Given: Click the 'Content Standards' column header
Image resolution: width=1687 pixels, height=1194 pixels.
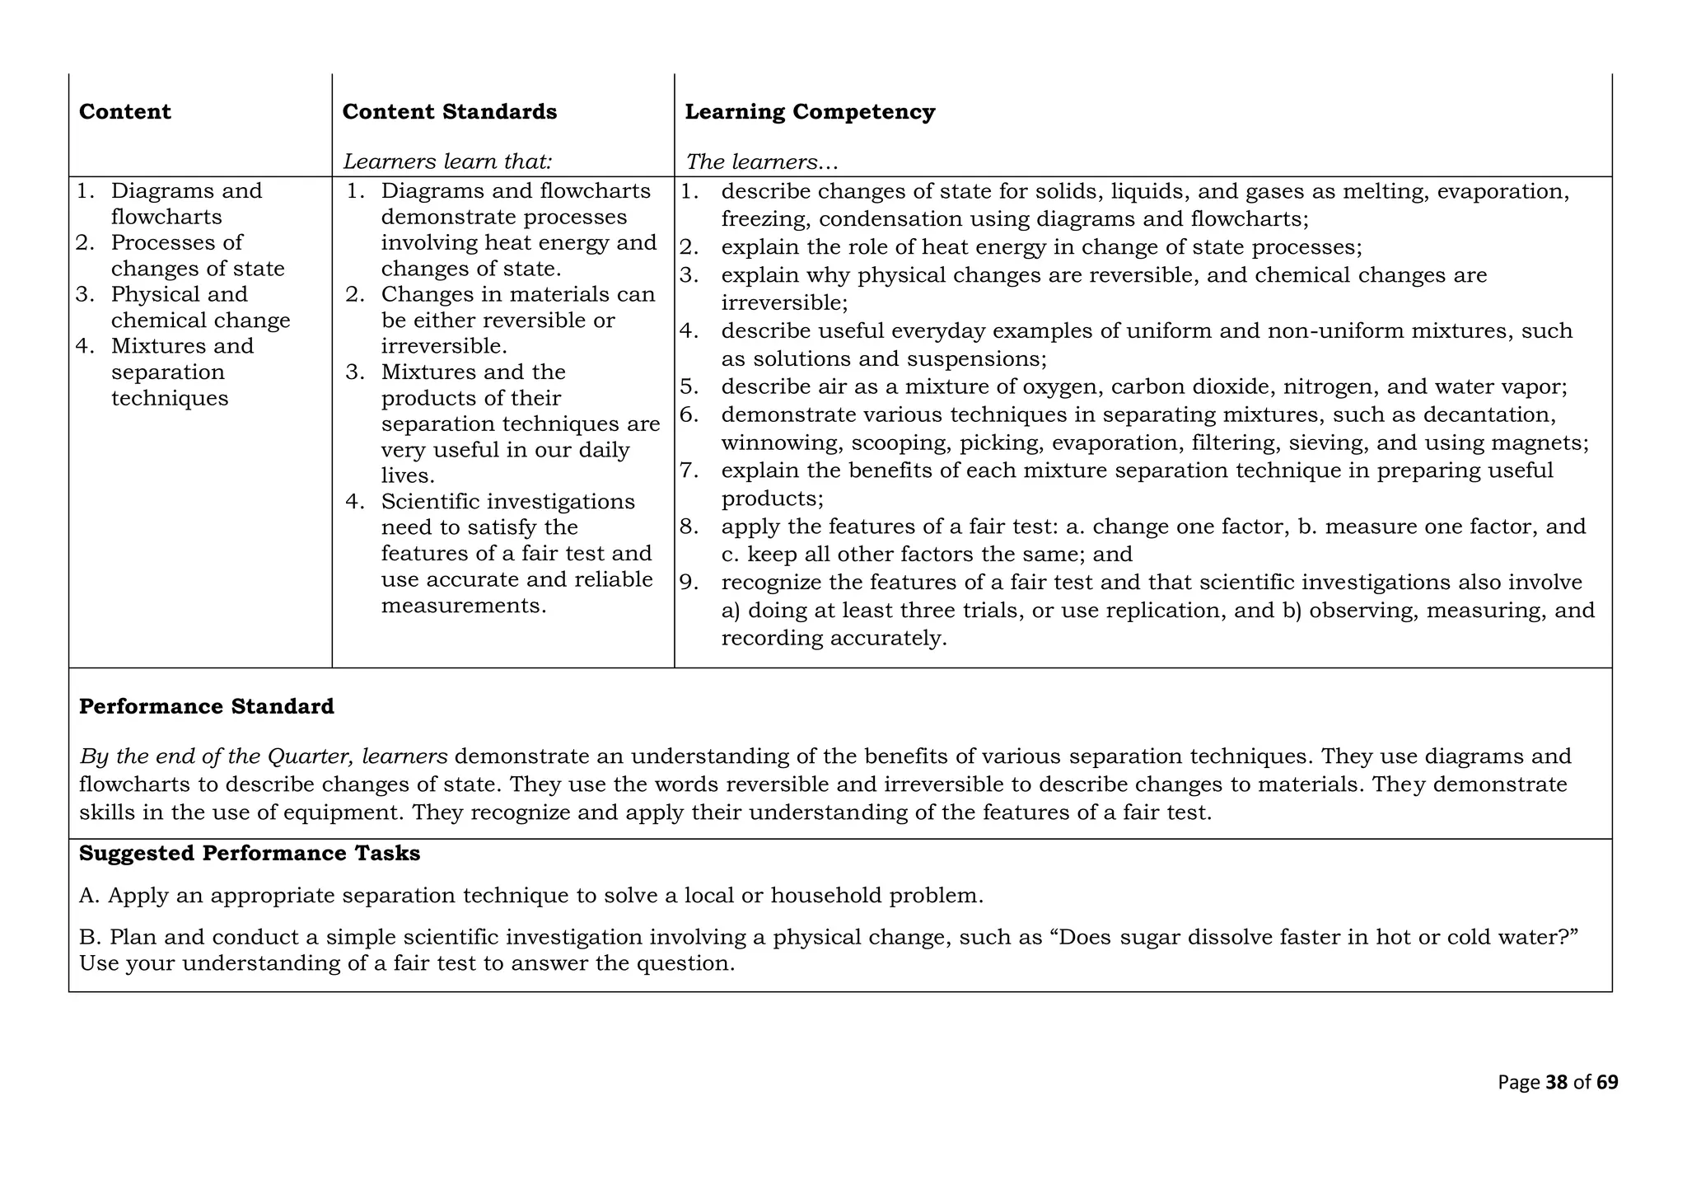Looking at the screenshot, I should [449, 112].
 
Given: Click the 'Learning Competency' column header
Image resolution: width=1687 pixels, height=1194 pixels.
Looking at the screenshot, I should [809, 112].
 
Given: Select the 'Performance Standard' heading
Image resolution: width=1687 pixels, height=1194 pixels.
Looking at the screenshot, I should [206, 707].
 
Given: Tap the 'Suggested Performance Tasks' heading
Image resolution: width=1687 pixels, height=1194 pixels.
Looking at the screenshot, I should [249, 854].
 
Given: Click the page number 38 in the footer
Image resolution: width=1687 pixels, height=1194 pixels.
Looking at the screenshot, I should [1556, 1083].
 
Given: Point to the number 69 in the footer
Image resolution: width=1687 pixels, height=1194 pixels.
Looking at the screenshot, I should [1607, 1083].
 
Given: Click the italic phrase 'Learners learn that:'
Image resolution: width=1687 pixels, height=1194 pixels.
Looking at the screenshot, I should [447, 162].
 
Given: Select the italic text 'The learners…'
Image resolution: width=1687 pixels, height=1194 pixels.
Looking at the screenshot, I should [761, 162].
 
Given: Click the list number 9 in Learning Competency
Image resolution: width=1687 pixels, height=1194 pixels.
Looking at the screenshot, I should [688, 583].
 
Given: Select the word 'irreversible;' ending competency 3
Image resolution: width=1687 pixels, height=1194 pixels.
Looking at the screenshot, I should [784, 302].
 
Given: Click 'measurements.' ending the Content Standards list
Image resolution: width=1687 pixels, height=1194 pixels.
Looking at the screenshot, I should [464, 606].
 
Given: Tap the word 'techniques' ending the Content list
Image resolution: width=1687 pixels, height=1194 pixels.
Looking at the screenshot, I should [170, 399].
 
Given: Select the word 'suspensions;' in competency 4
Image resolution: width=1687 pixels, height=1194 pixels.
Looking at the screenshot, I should [977, 359].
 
